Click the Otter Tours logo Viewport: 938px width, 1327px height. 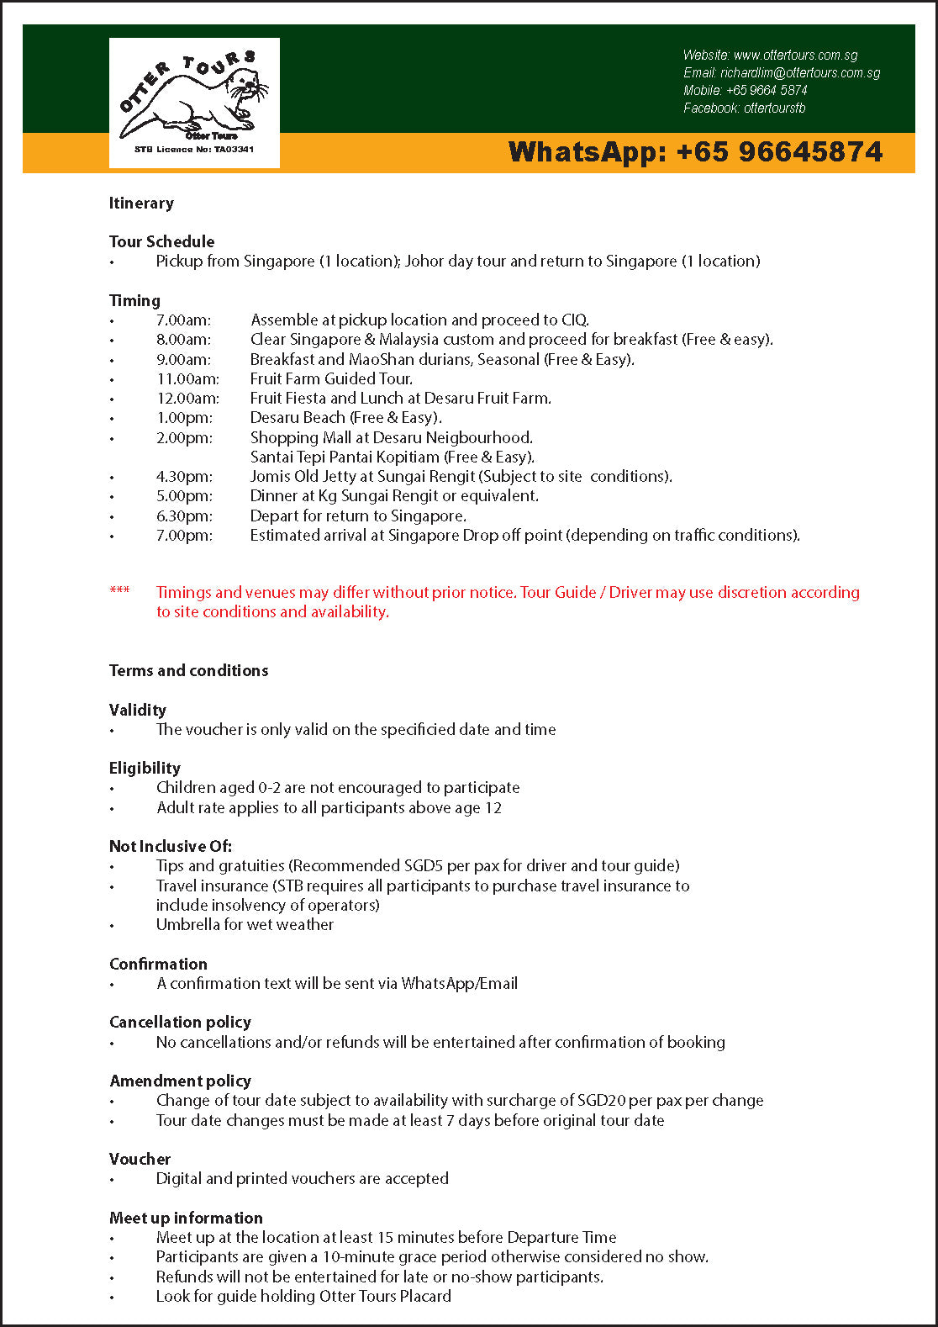[194, 102]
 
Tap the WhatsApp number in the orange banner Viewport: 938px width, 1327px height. [695, 152]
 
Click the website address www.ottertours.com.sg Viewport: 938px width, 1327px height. [795, 56]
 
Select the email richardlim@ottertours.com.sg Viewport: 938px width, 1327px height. [800, 73]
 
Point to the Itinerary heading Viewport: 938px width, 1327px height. [141, 203]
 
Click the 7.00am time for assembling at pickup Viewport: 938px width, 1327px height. [183, 320]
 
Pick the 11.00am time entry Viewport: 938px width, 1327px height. [187, 379]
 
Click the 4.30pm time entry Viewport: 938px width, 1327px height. [184, 477]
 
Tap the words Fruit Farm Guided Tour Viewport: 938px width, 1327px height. [331, 379]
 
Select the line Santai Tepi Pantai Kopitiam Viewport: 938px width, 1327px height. [392, 457]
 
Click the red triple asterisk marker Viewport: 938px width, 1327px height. [119, 591]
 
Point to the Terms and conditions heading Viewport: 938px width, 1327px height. [188, 670]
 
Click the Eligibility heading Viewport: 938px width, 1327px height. [145, 768]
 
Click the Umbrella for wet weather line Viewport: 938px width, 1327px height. [245, 925]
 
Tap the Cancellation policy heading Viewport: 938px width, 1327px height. [180, 1023]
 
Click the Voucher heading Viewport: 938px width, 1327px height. [140, 1160]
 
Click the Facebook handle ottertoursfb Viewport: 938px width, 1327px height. [774, 108]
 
